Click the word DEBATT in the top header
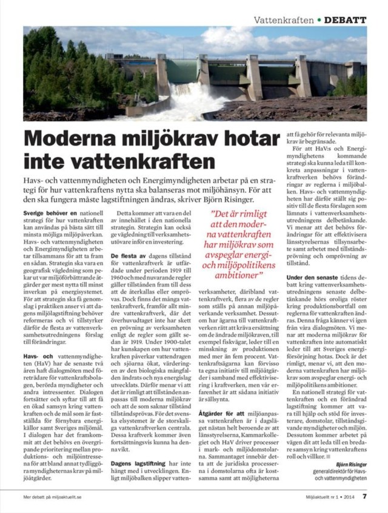(346, 20)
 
